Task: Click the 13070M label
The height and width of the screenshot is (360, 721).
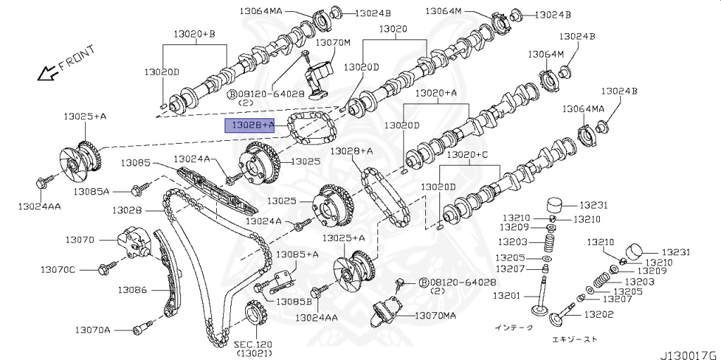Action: point(332,42)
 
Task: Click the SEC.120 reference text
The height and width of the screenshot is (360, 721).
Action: point(253,344)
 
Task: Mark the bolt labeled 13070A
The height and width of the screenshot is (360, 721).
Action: point(141,328)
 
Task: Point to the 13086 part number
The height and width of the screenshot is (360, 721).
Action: point(132,290)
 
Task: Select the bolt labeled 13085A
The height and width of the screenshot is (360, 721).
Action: point(139,189)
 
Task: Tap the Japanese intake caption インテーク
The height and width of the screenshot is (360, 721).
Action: point(515,328)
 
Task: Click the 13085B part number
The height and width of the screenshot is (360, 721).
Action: point(293,302)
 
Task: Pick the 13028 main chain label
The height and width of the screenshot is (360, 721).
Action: point(127,210)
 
